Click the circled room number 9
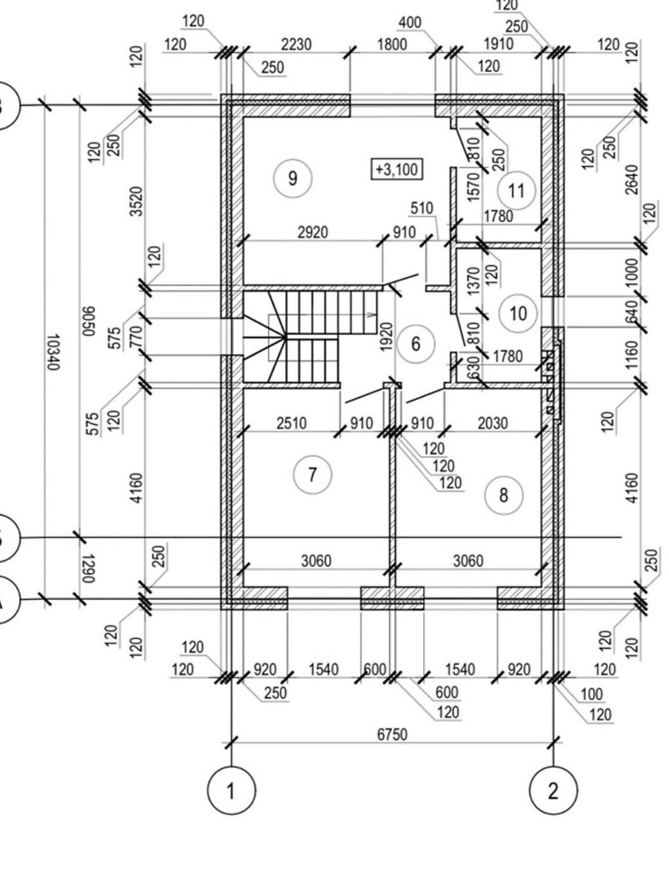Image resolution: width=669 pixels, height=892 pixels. (x=293, y=178)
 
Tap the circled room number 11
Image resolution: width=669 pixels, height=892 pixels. (x=517, y=190)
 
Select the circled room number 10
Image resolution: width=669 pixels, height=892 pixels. (x=518, y=313)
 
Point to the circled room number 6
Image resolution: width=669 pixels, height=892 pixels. (x=416, y=343)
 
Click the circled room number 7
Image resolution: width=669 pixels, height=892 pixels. (x=312, y=475)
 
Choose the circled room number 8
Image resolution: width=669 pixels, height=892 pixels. (x=504, y=495)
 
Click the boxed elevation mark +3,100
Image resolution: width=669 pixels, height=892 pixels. (x=397, y=169)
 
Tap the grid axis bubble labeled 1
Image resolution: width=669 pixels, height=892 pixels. (x=231, y=791)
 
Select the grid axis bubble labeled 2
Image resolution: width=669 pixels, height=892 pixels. (x=553, y=791)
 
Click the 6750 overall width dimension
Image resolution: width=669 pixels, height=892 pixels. (x=392, y=734)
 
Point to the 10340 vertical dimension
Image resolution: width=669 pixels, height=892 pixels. (x=52, y=352)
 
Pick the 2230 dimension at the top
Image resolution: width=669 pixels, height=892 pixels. (x=296, y=44)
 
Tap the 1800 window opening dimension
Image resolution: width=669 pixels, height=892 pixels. (x=392, y=44)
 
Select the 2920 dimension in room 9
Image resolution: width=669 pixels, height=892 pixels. (x=312, y=232)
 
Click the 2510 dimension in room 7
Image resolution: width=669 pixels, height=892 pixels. (x=292, y=423)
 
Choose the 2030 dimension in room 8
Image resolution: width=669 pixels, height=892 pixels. (x=493, y=423)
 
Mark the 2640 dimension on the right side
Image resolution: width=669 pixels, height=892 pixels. (x=632, y=179)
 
